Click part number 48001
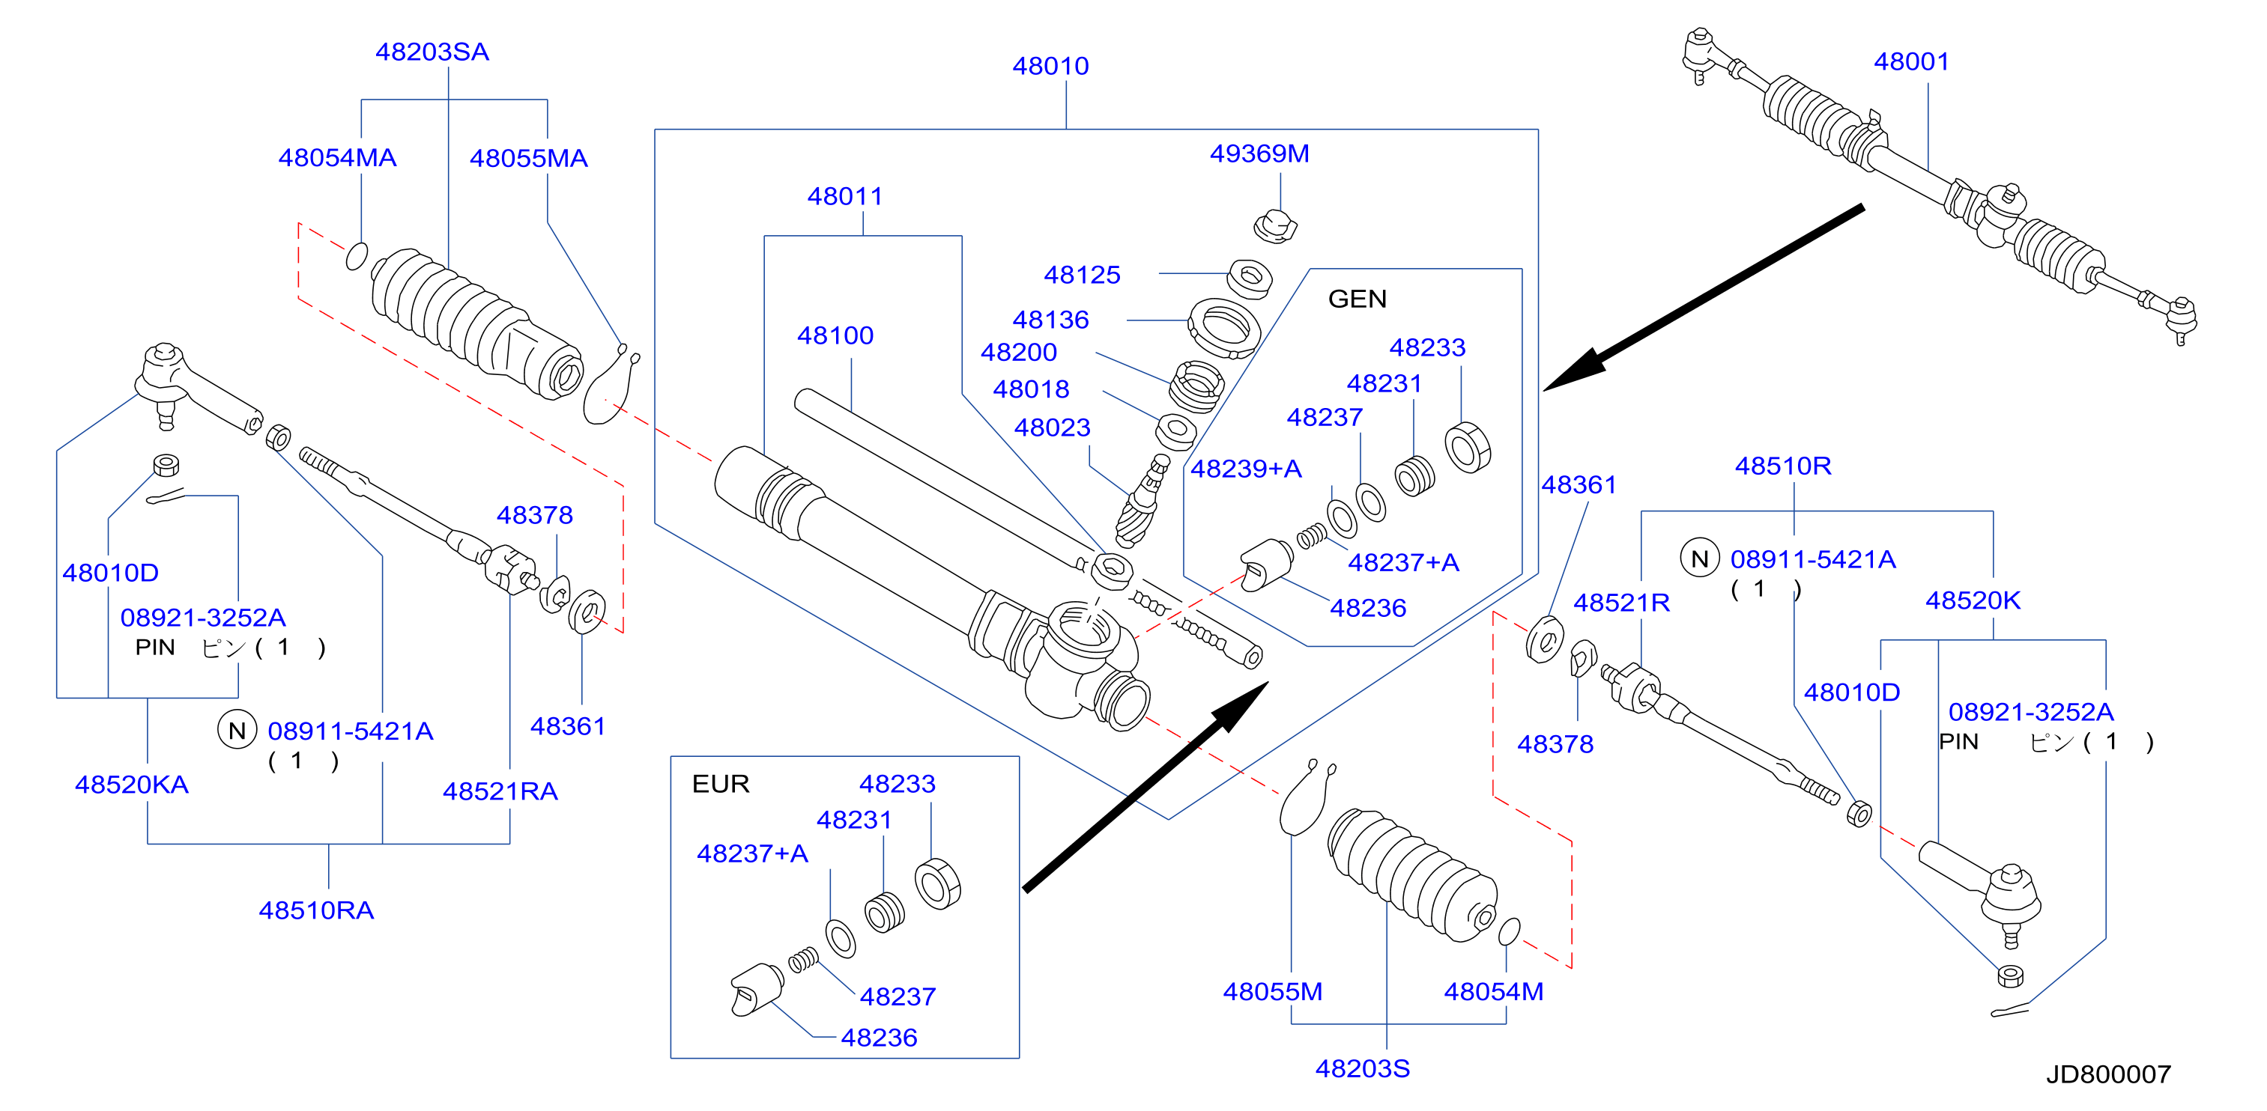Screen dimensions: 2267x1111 click(1910, 61)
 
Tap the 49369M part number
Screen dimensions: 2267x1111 click(1259, 154)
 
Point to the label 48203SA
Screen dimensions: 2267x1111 click(432, 52)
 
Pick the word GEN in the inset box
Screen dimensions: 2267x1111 click(1357, 299)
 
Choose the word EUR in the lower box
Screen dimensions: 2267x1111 click(721, 784)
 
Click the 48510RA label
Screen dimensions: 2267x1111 click(316, 910)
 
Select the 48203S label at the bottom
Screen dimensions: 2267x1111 click(1362, 1069)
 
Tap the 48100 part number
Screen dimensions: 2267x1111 click(835, 336)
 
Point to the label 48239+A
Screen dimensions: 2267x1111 click(1245, 469)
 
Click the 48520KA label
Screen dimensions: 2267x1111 click(132, 785)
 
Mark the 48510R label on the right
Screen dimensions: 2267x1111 click(1783, 466)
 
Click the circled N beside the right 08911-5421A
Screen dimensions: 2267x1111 click(1699, 558)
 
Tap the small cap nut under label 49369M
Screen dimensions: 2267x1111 click(1275, 226)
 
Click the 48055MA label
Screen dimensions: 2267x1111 click(528, 158)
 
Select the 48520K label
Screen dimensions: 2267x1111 click(1973, 601)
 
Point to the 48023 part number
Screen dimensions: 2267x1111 click(1052, 427)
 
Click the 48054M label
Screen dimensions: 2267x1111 click(1493, 992)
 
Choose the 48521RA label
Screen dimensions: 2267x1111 click(500, 791)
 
